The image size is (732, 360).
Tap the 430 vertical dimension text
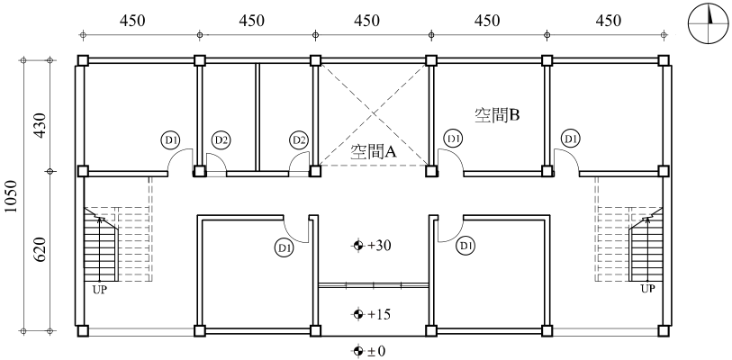click(x=41, y=125)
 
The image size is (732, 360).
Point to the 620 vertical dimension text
click(x=41, y=249)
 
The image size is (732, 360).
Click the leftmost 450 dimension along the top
click(x=132, y=21)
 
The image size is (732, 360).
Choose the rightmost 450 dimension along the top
click(x=608, y=21)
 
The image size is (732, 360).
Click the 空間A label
click(x=374, y=151)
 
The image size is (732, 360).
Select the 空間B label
click(x=497, y=115)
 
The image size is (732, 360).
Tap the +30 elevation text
click(x=379, y=245)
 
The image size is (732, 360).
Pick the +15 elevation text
click(x=379, y=314)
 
